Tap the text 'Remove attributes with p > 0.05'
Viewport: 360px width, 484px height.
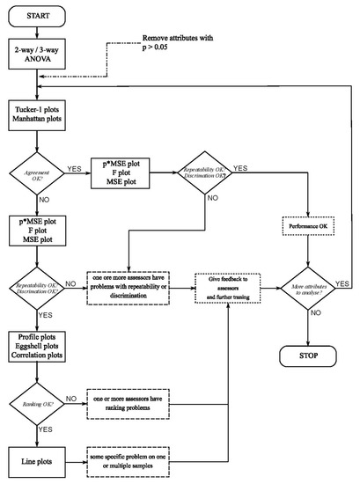(x=187, y=45)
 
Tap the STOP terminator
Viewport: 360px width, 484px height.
(x=307, y=358)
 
